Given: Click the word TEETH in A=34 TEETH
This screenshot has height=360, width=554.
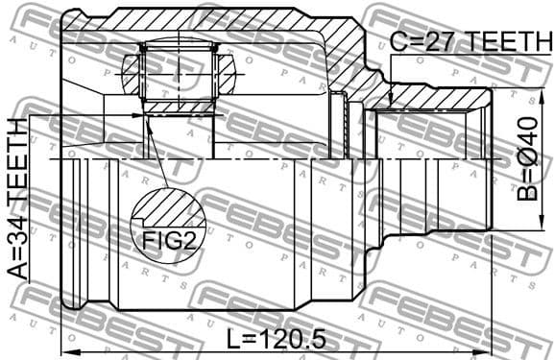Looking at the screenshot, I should (x=18, y=162).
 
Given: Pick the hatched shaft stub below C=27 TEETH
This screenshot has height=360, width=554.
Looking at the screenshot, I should (x=432, y=95).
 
